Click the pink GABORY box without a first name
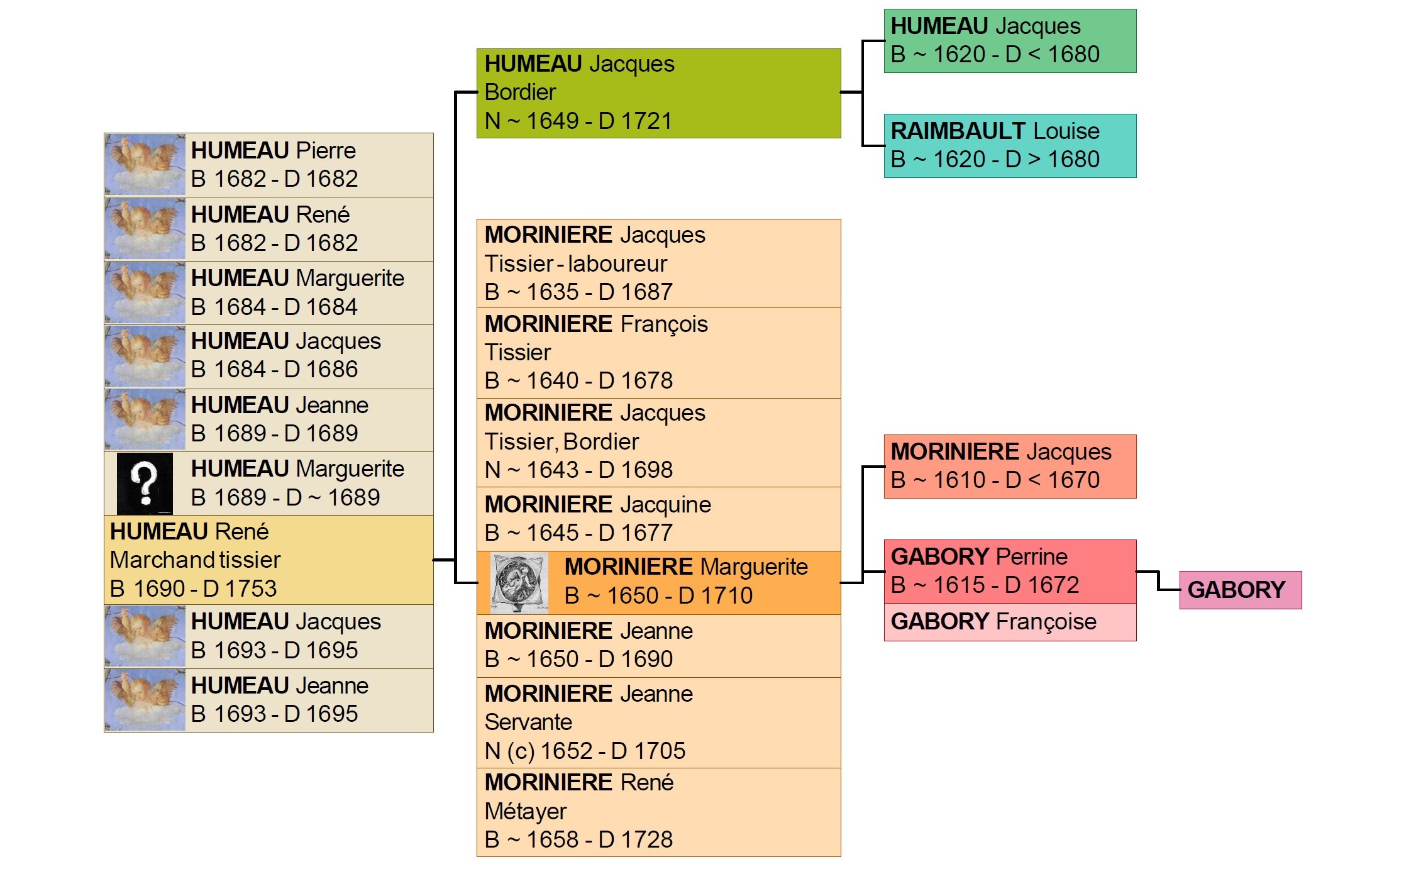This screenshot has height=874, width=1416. pyautogui.click(x=1240, y=590)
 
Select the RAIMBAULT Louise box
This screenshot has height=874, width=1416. pyautogui.click(x=1010, y=146)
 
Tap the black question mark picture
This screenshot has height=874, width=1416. pyautogui.click(x=145, y=484)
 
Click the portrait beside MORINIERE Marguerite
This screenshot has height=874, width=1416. pyautogui.click(x=519, y=583)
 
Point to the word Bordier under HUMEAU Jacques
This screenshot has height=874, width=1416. pyautogui.click(x=521, y=92)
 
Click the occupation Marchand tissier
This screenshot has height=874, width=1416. pyautogui.click(x=196, y=560)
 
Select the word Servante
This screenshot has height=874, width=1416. pyautogui.click(x=528, y=722)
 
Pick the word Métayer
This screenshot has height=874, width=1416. pyautogui.click(x=526, y=811)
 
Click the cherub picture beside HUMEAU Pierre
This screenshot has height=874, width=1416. pyautogui.click(x=145, y=165)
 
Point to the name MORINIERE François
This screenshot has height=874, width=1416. pyautogui.click(x=596, y=324)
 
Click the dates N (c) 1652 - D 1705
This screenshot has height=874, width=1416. pyautogui.click(x=585, y=751)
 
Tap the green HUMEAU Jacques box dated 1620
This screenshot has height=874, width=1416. pyautogui.click(x=1010, y=41)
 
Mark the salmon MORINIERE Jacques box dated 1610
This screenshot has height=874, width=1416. pyautogui.click(x=1010, y=466)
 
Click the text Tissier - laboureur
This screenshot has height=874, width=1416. pyautogui.click(x=575, y=264)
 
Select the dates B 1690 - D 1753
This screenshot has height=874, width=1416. pyautogui.click(x=194, y=589)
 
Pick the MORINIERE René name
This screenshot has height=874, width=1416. pyautogui.click(x=579, y=783)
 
